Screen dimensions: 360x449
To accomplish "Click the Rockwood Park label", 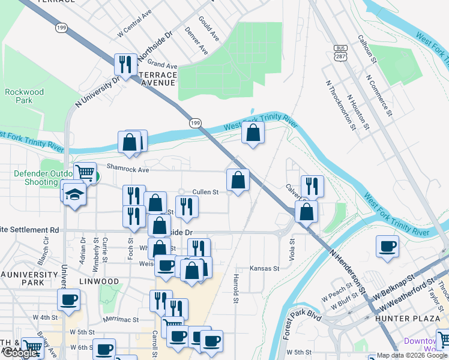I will click(x=24, y=96).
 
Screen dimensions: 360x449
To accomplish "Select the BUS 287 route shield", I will click(x=340, y=51).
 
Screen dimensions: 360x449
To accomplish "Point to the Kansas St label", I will click(x=265, y=268).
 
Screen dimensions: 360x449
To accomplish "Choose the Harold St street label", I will click(x=236, y=289).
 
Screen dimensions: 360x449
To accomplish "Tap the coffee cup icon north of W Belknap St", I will click(x=387, y=246).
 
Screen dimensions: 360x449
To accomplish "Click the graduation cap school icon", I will click(x=74, y=194).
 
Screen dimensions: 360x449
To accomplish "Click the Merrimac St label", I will click(x=121, y=320).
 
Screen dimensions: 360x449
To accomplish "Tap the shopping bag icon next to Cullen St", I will click(x=238, y=179).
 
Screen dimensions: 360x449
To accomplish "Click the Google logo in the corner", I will click(x=20, y=353).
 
